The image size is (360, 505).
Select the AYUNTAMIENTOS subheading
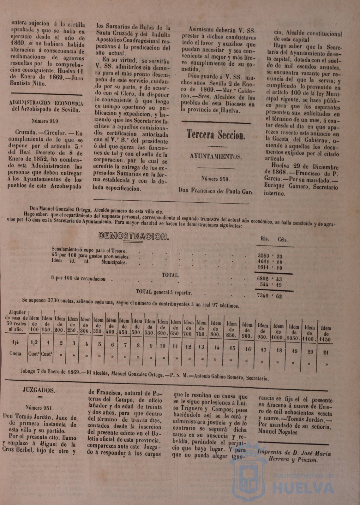pyautogui.click(x=216, y=157)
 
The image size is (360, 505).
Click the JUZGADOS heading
pyautogui.click(x=39, y=390)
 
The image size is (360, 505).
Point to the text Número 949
pyautogui.click(x=45, y=121)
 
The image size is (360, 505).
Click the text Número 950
pyautogui.click(x=216, y=179)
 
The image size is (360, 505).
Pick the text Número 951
pyautogui.click(x=40, y=407)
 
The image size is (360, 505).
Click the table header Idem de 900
pyautogui.click(x=247, y=330)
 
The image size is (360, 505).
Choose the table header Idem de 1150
pyautogui.click(x=326, y=334)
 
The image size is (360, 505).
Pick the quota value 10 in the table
pyautogui.click(x=162, y=346)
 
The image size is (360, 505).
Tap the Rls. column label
pyautogui.click(x=265, y=239)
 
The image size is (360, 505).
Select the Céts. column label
pyautogui.click(x=283, y=240)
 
